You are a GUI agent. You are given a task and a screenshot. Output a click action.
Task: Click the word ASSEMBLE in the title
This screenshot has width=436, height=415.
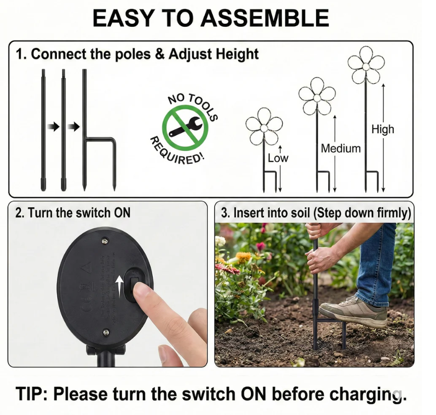pyautogui.click(x=265, y=18)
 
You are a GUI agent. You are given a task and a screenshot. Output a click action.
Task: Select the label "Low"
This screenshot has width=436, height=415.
pyautogui.click(x=278, y=158)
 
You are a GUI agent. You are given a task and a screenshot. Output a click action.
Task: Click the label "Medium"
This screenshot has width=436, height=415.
pyautogui.click(x=341, y=148)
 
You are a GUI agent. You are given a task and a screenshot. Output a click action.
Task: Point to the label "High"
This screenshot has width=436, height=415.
pyautogui.click(x=383, y=129)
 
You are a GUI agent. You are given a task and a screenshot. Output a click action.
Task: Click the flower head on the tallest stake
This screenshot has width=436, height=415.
pyautogui.click(x=366, y=65)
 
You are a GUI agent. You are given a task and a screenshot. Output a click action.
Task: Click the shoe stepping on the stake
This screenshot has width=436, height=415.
pyautogui.click(x=353, y=310)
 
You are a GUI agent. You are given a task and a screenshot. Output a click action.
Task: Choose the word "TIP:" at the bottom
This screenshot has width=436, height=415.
pyautogui.click(x=31, y=393)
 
